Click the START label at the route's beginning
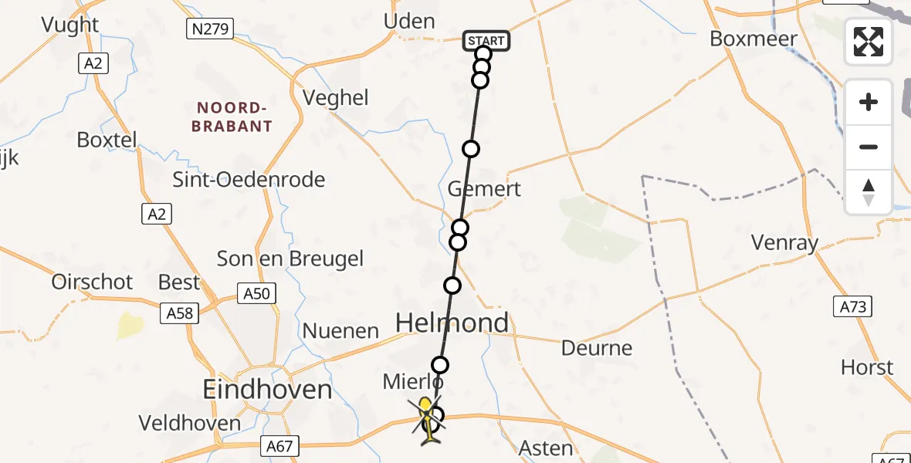pos(486,41)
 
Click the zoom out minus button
pos(869,147)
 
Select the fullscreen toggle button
pos(869,41)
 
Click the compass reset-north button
pos(869,191)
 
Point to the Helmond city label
pos(452,323)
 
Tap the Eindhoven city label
pos(267,389)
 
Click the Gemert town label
pos(485,189)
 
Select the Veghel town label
pos(336,98)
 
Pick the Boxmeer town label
pos(753,39)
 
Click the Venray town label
pos(784,244)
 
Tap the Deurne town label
pos(598,348)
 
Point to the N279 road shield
pos(210,29)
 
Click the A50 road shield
pos(256,294)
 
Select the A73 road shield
pos(854,306)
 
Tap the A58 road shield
pos(178,313)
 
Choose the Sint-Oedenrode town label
pos(249,180)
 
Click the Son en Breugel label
pos(290,259)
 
